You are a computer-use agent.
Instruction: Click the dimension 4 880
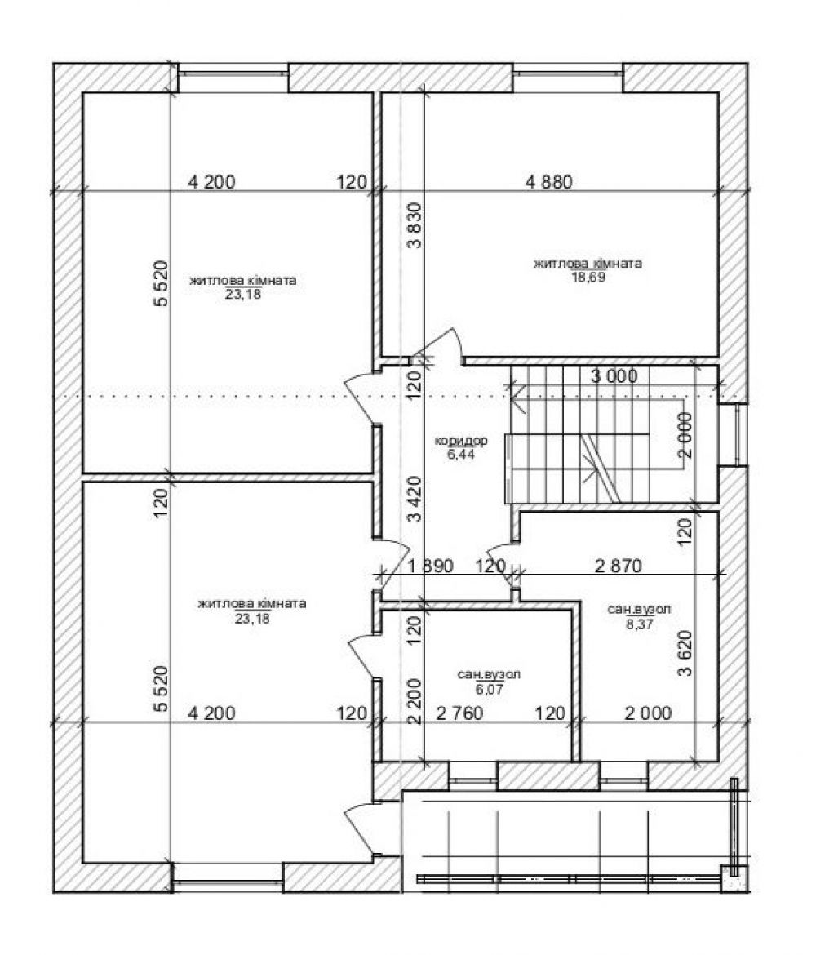coord(548,181)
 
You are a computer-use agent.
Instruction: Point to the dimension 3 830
coord(414,225)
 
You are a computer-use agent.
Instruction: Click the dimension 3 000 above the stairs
coord(614,376)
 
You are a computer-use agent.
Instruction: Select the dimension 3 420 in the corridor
coord(414,500)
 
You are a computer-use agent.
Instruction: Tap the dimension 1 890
coord(430,566)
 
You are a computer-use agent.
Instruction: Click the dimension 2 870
coord(618,566)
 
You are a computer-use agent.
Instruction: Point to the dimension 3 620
coord(685,654)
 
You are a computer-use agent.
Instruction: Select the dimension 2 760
coord(459,713)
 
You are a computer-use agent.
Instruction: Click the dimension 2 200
coord(414,702)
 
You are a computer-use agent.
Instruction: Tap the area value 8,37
coord(640,623)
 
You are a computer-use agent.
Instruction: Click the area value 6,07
coord(490,690)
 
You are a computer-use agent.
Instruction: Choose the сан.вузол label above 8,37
coord(640,610)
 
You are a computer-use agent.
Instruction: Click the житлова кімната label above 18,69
coord(588,264)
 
